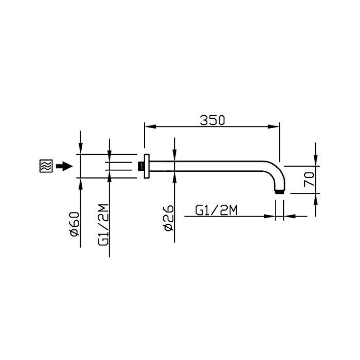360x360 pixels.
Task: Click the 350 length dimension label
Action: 212,120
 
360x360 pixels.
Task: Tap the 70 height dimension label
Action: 309,179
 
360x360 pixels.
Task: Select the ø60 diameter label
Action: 75,224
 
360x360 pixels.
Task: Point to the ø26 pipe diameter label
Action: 169,218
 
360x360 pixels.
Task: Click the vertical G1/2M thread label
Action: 103,225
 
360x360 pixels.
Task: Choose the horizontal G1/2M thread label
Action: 217,210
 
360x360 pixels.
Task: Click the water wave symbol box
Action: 46,166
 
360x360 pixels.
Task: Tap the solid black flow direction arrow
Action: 64,166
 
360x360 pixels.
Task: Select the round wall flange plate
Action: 147,166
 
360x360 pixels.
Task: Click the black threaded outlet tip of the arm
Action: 279,192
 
